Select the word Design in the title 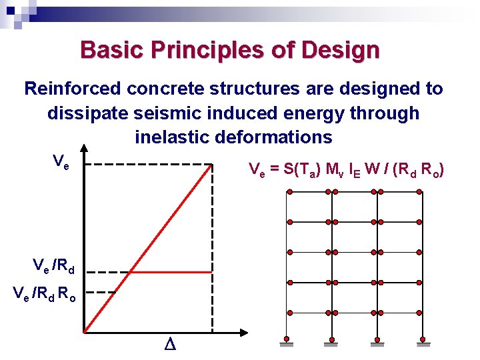(341, 50)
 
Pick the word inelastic (171, 137)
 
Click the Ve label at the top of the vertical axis (60, 161)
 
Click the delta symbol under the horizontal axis (168, 345)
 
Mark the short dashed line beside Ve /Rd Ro (102, 292)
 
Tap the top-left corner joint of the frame (289, 192)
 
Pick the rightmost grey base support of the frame (419, 345)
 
